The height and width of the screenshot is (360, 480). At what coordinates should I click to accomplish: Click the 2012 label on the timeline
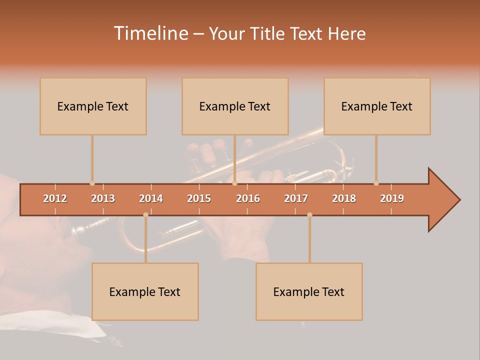coord(55,198)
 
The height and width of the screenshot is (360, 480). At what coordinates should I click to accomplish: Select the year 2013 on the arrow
coord(103,198)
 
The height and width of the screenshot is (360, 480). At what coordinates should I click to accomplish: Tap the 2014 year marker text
coord(151,198)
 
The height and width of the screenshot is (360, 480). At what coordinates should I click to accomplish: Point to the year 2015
coord(199,198)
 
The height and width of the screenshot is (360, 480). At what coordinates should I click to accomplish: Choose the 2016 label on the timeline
coord(248,198)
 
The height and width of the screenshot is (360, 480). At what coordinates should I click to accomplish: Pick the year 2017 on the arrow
coord(296,198)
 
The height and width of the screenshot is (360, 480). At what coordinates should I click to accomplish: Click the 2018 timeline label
coord(344,198)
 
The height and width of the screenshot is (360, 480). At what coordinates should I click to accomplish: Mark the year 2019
coord(392,198)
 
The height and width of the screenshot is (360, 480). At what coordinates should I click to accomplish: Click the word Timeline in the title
coord(150,33)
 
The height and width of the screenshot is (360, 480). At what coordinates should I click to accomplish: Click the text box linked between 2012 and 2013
coord(93,106)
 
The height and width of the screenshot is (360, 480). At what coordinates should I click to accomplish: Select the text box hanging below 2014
coord(145,291)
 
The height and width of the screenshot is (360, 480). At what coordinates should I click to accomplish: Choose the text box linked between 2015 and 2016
coord(235,106)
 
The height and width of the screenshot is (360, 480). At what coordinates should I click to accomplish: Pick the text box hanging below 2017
coord(309,291)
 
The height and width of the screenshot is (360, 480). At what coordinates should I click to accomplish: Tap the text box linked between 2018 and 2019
coord(377,106)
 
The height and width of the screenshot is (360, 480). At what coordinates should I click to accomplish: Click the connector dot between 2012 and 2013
coord(92,183)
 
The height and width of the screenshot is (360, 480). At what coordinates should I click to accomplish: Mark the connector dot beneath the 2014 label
coord(145,215)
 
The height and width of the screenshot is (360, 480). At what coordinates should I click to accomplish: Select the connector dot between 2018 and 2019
coord(376,183)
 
